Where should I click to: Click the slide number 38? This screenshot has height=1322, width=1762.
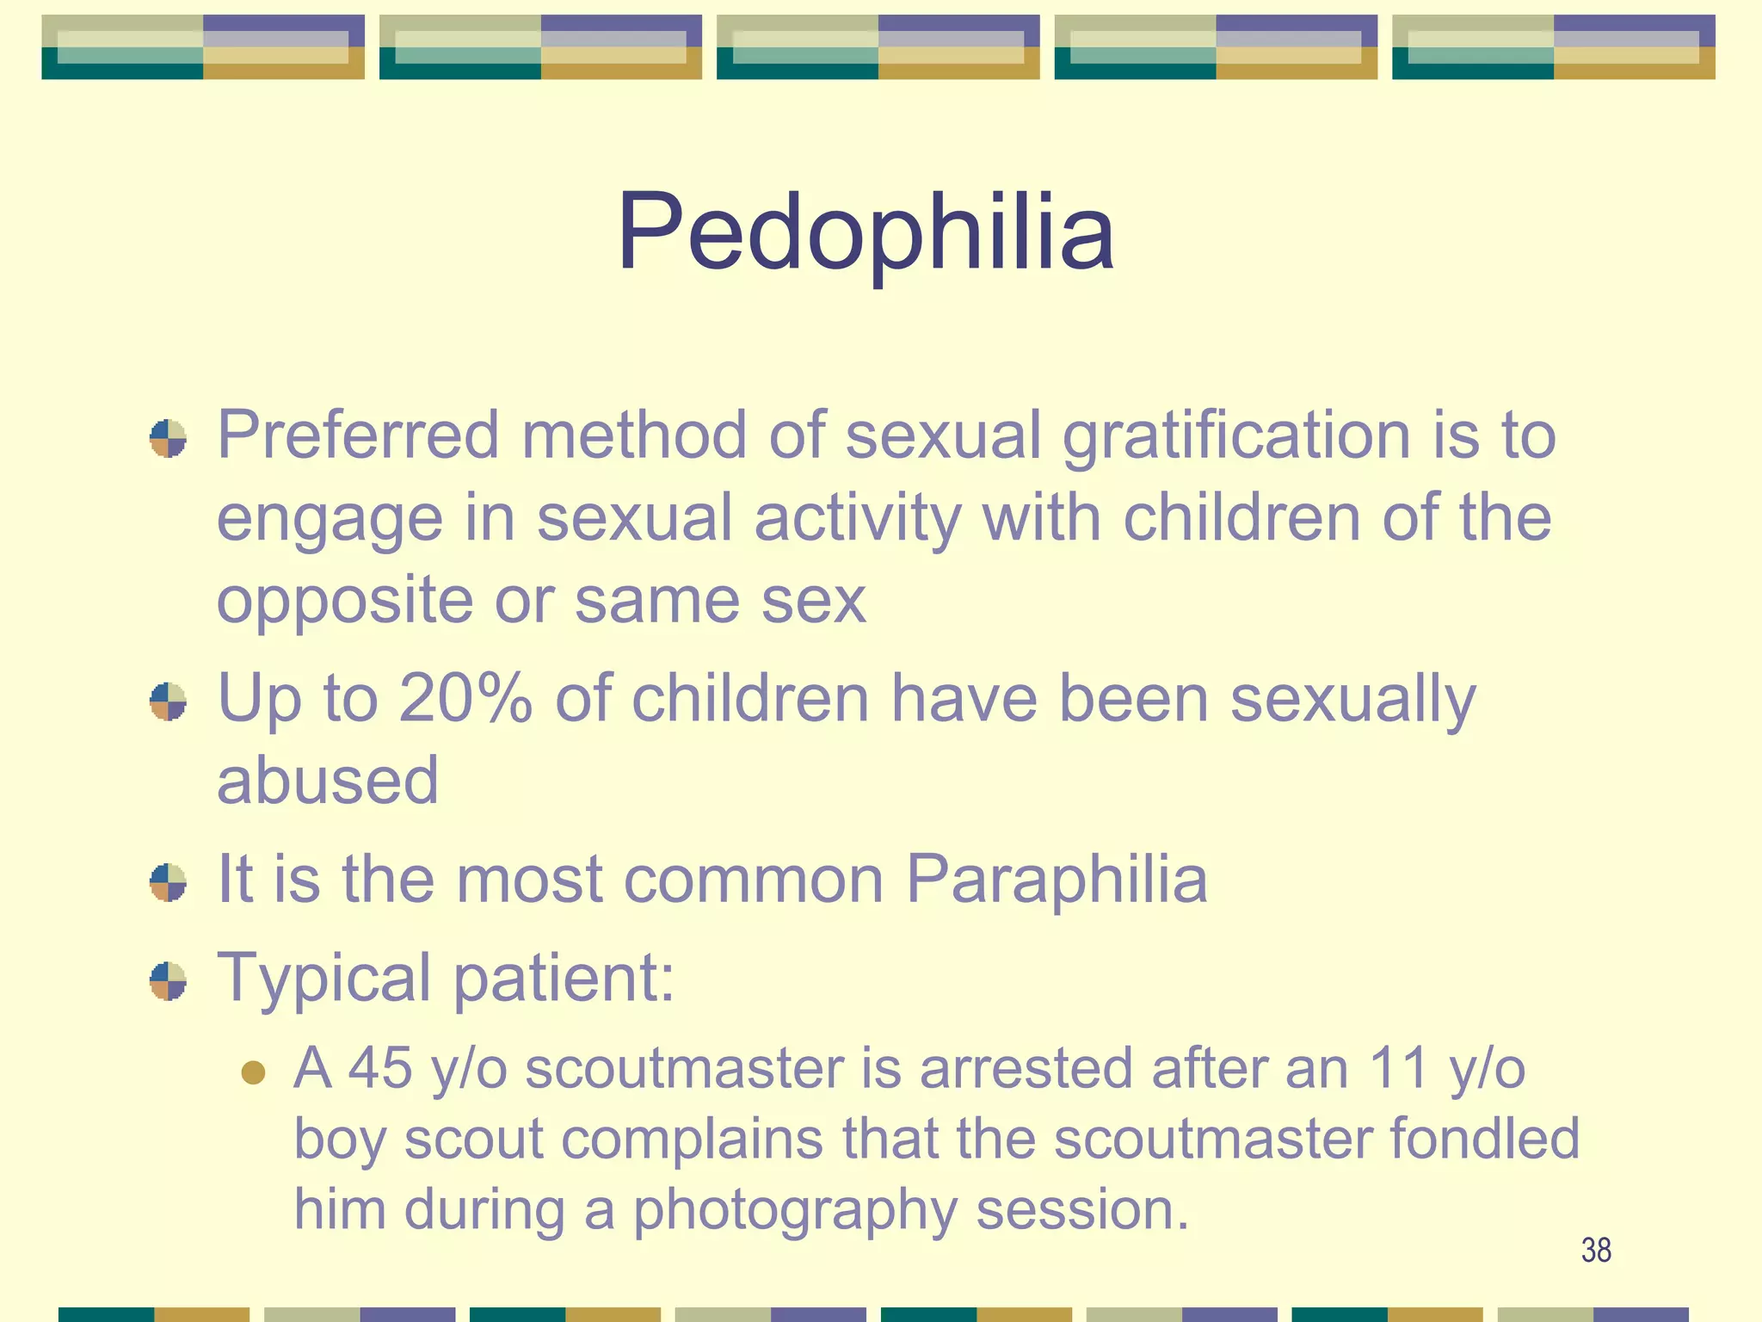[x=1596, y=1251]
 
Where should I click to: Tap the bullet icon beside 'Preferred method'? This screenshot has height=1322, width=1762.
[x=168, y=439]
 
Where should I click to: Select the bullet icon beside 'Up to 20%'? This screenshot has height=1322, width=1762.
[x=168, y=701]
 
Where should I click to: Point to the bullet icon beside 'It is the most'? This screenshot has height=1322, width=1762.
[x=168, y=882]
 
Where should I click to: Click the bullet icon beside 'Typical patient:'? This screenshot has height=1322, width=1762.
[x=168, y=981]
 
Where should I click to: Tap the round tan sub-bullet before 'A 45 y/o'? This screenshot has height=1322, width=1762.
[x=253, y=1072]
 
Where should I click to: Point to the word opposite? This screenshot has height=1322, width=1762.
[x=344, y=602]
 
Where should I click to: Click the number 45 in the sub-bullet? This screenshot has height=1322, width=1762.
[x=379, y=1068]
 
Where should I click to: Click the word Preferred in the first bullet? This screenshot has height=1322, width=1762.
[x=358, y=435]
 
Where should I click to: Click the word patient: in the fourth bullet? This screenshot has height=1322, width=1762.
[x=564, y=979]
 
